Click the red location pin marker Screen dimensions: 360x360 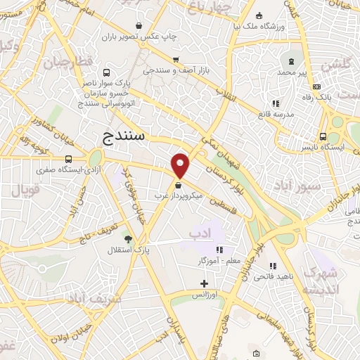tap(181, 165)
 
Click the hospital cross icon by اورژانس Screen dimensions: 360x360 tap(204, 284)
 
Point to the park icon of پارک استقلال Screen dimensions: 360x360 tap(127, 239)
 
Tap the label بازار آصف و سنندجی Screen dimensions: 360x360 tap(174, 70)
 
